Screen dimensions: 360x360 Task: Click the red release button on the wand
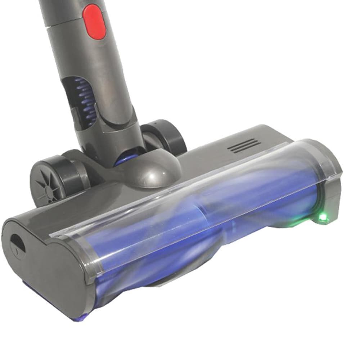point(94,21)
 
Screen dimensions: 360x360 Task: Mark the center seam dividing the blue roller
point(203,216)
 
